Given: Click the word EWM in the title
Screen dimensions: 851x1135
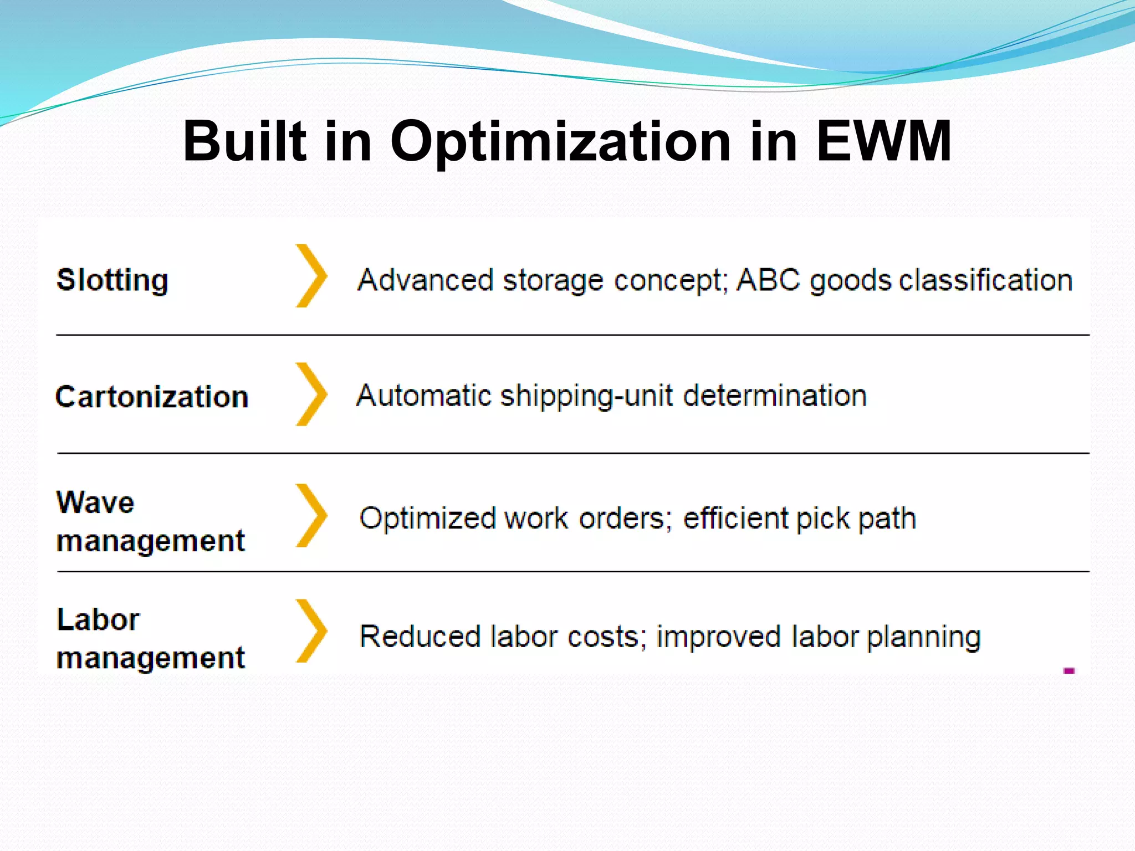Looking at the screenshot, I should tap(884, 141).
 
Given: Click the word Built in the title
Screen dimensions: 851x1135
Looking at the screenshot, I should tap(244, 141).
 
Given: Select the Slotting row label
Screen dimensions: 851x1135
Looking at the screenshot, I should tap(113, 280).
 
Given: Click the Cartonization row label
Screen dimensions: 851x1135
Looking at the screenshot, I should tap(152, 397).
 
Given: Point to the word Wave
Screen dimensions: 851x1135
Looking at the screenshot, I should tap(95, 503).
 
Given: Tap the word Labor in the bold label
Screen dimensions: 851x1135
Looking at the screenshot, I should tap(98, 619).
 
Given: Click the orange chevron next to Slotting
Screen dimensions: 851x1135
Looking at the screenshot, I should tap(311, 276).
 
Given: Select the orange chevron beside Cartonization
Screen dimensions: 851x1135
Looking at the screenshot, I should tap(311, 394).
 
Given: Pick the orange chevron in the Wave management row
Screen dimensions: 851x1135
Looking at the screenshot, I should tap(311, 515).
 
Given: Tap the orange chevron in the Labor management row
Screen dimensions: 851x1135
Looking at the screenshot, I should tap(311, 630).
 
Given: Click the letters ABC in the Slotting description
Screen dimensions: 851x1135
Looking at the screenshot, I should tap(768, 280).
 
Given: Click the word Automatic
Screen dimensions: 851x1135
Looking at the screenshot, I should tap(424, 396).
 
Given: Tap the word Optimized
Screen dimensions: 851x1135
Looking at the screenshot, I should tap(427, 519).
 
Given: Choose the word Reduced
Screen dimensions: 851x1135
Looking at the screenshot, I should tap(420, 636).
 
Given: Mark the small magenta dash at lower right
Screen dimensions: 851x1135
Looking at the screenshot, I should tap(1069, 671).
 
